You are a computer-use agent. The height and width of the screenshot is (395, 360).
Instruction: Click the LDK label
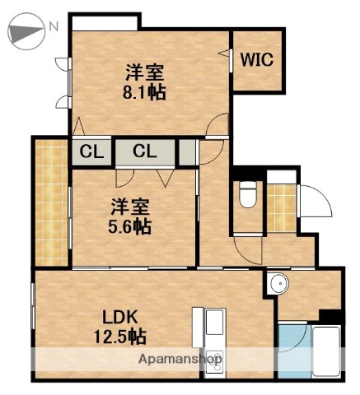coord(119,317)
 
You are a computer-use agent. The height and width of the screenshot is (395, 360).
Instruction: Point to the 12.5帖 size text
coord(120,336)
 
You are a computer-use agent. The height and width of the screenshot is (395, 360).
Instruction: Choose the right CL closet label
coord(145,151)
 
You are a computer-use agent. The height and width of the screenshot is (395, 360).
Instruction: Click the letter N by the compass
coord(54,27)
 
